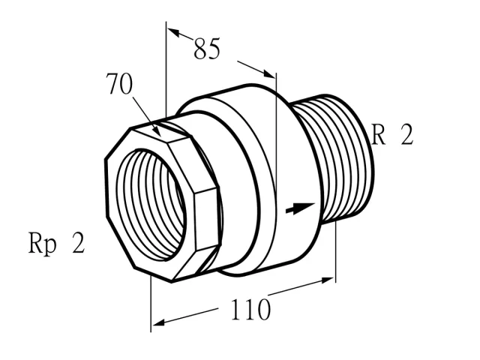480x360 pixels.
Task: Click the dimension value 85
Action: click(x=207, y=49)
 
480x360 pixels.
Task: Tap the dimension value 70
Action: click(x=119, y=84)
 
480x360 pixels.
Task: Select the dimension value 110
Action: click(x=250, y=309)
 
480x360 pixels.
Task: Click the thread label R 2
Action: click(x=392, y=134)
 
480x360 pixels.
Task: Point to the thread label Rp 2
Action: click(x=56, y=243)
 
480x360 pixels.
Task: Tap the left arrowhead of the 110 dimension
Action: click(x=159, y=322)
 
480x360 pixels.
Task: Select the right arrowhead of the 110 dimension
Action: click(x=327, y=280)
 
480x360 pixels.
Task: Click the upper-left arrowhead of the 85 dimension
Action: click(x=173, y=32)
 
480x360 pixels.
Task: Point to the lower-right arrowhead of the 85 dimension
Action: click(x=269, y=73)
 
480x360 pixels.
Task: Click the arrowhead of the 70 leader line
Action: click(x=157, y=132)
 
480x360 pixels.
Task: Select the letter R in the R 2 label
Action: click(x=378, y=134)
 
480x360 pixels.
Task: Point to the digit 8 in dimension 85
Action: click(x=200, y=49)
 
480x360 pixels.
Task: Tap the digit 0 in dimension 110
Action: click(x=263, y=310)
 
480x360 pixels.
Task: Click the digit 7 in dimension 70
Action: click(x=112, y=84)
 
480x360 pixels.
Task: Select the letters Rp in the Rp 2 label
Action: click(x=43, y=244)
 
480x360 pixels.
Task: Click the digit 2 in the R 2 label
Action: click(x=407, y=134)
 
